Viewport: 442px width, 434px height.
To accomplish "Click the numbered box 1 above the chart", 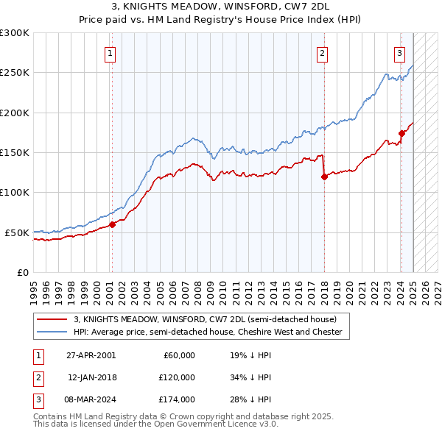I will point(110,53).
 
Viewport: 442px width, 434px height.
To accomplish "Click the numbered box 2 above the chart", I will point(323,53).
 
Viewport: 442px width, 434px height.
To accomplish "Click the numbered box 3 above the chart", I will point(399,53).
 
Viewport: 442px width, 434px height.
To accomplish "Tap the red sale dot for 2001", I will point(112,224).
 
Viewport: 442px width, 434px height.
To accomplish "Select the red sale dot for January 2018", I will point(324,177).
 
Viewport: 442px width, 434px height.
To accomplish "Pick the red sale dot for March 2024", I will point(401,133).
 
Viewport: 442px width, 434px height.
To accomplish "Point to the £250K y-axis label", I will point(15,73).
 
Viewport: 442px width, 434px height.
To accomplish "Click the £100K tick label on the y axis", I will point(15,192).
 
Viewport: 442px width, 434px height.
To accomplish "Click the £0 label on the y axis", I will point(22,272).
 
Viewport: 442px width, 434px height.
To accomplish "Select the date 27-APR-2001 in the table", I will point(91,355).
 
